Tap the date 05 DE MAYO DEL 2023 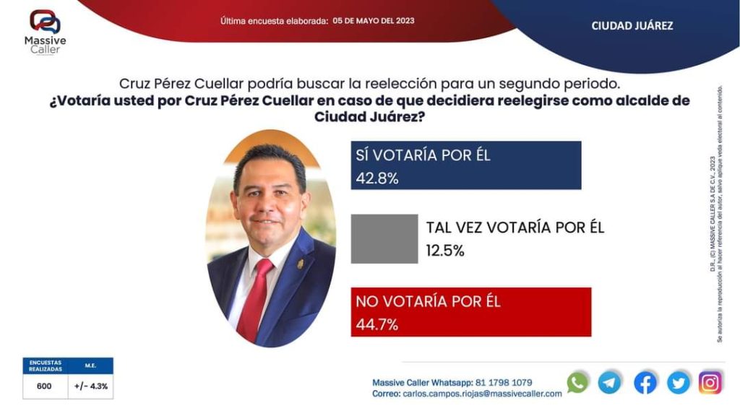click(x=374, y=21)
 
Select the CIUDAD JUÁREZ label click(x=632, y=25)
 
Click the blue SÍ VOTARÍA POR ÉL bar click(x=466, y=165)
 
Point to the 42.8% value click(x=377, y=178)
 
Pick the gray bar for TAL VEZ click(x=384, y=238)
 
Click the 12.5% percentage click(x=445, y=251)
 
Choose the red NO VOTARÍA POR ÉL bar click(x=471, y=312)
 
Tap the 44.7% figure click(x=377, y=324)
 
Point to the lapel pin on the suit click(x=300, y=264)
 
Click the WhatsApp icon click(x=577, y=382)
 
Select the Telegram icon click(x=610, y=382)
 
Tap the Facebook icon click(x=645, y=382)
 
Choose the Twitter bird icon click(x=679, y=382)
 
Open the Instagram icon click(x=710, y=382)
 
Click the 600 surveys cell click(x=45, y=386)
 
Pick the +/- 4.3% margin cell click(x=91, y=386)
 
